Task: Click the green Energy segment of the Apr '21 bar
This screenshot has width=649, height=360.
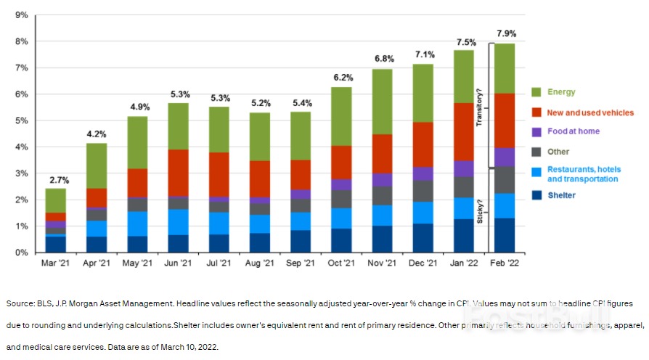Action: (x=96, y=165)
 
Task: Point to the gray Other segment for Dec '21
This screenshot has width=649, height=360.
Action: (x=423, y=191)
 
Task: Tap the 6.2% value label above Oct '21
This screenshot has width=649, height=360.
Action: (x=342, y=78)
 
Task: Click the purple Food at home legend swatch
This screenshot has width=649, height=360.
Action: (x=537, y=132)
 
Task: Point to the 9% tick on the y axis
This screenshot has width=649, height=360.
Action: (x=22, y=15)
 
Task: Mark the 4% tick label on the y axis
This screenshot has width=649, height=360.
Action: (x=22, y=147)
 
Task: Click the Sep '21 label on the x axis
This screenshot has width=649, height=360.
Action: (x=301, y=263)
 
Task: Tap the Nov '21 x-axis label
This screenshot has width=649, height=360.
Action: (x=383, y=263)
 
